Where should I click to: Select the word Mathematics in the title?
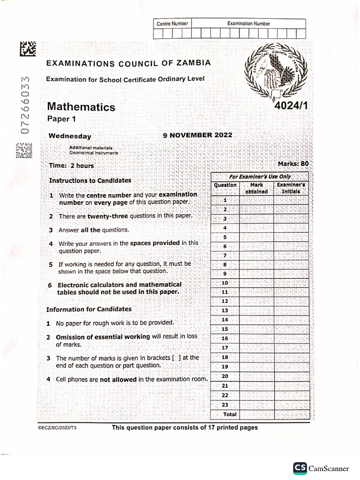[x=81, y=107]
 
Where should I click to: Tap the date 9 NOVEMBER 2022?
[x=197, y=135]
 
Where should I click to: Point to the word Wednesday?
[x=70, y=136]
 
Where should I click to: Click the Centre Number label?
[x=172, y=23]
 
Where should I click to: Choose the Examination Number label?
[x=248, y=23]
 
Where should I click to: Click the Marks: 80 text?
[x=293, y=164]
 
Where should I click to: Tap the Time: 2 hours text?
[x=71, y=165]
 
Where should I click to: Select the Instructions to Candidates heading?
[x=90, y=180]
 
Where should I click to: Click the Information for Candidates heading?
[x=89, y=309]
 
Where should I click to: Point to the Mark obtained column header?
[x=256, y=188]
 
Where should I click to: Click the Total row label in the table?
[x=230, y=414]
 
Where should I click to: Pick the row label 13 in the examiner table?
[x=225, y=310]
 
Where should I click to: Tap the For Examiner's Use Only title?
[x=260, y=177]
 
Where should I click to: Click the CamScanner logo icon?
[x=300, y=468]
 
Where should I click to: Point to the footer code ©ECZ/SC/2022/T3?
[x=56, y=428]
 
